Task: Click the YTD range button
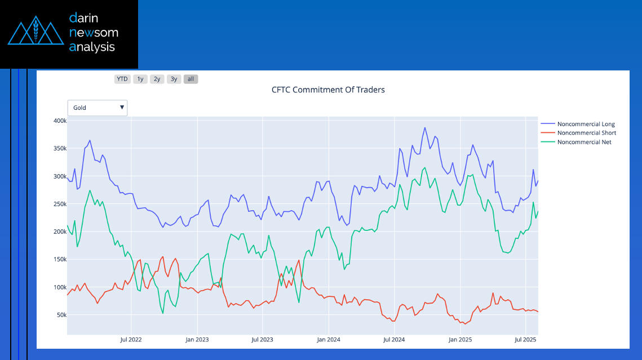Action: (x=122, y=79)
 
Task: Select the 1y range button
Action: (x=140, y=79)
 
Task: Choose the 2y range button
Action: (x=157, y=79)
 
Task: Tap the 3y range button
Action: (x=174, y=79)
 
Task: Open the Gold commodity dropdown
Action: (x=98, y=108)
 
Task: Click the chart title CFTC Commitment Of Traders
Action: (x=328, y=90)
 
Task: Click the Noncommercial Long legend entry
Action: (x=586, y=124)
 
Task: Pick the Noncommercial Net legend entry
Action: (x=584, y=142)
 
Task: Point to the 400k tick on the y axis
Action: (x=59, y=121)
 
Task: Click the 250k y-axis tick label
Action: (x=59, y=204)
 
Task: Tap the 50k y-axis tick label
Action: (x=60, y=315)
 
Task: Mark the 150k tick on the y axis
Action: (x=59, y=260)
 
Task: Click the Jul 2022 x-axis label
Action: (x=131, y=340)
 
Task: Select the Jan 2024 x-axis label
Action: (x=329, y=340)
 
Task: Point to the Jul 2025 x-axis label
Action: (x=526, y=340)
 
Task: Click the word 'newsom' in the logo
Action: (x=94, y=33)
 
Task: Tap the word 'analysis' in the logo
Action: (x=92, y=47)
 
